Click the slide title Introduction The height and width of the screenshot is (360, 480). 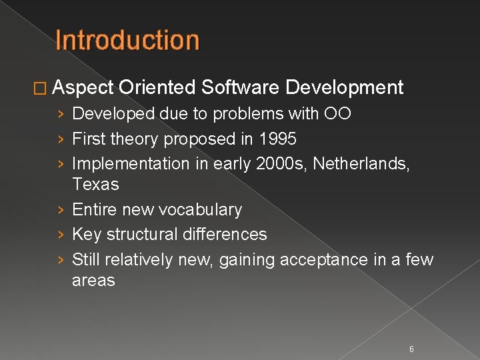tap(127, 40)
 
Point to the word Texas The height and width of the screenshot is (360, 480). tap(95, 184)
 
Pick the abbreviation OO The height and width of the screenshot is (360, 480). tap(337, 114)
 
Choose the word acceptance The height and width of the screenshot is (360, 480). tap(324, 259)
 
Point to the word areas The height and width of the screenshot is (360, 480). tap(93, 280)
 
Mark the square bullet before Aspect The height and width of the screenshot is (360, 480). tap(45, 87)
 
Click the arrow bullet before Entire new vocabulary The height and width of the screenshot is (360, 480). tap(61, 210)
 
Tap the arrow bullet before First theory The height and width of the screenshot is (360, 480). tap(61, 140)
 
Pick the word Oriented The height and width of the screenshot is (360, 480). tap(157, 87)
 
